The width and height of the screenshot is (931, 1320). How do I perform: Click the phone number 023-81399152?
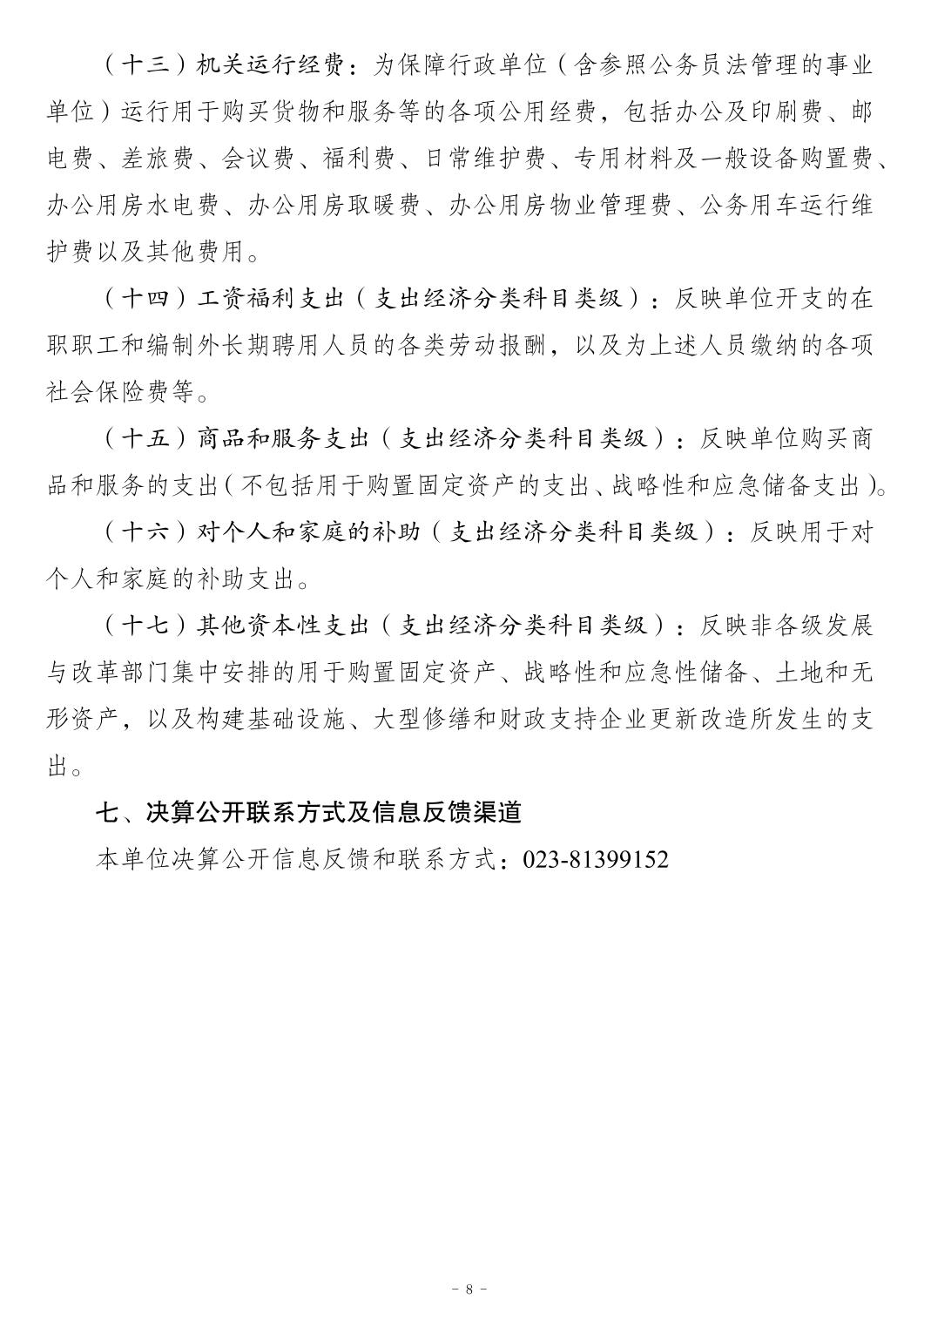(596, 860)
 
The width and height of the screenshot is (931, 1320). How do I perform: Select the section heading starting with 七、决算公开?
(308, 812)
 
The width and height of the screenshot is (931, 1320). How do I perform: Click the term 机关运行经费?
(260, 64)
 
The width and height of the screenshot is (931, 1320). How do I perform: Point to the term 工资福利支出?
(260, 298)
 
